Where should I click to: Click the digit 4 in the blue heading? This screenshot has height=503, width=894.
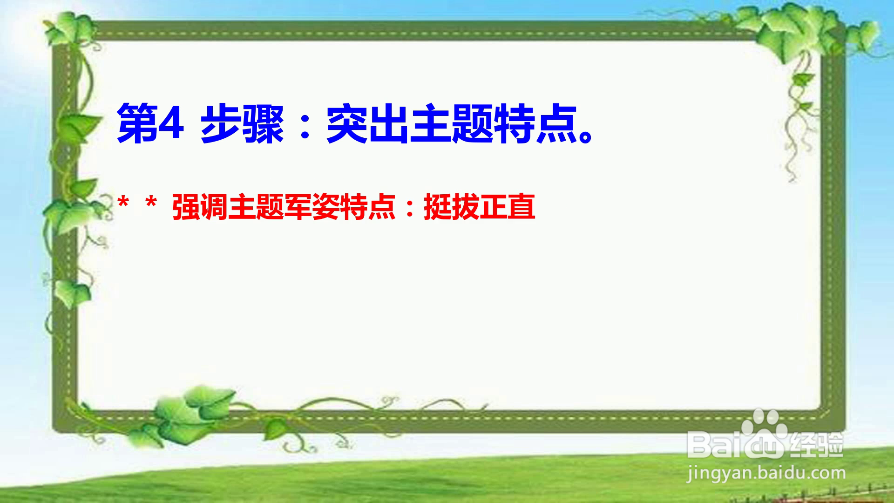(170, 124)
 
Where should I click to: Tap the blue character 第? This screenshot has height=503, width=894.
(137, 124)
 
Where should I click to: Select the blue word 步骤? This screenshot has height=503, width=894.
(242, 124)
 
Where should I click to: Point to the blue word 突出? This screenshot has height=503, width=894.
(368, 124)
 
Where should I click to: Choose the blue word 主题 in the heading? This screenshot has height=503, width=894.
(452, 124)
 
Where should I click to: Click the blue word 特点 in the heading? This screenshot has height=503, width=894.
(535, 124)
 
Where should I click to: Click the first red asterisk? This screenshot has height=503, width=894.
(123, 204)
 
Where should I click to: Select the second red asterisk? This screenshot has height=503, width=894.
(151, 204)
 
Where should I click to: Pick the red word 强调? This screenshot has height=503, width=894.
(200, 207)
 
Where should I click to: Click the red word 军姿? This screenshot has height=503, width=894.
(312, 207)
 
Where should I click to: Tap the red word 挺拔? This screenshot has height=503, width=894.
(452, 207)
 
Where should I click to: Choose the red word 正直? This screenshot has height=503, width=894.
(508, 207)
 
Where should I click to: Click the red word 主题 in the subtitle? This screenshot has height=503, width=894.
(256, 207)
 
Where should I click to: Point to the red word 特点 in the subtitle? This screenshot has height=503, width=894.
(368, 207)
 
